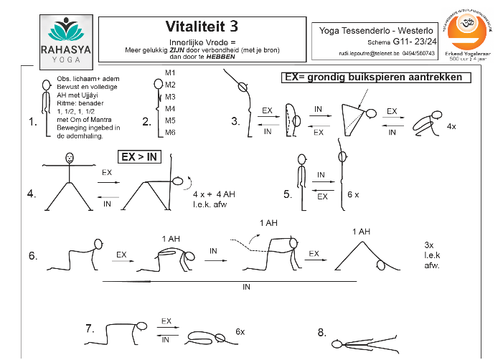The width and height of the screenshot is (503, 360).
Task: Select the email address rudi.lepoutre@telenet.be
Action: point(368,54)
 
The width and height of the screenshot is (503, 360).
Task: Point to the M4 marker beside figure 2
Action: point(170,109)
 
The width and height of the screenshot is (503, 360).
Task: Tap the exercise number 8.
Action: point(321,331)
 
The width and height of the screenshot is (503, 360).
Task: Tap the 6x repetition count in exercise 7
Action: point(240,332)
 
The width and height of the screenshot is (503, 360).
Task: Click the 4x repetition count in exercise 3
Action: point(451,126)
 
